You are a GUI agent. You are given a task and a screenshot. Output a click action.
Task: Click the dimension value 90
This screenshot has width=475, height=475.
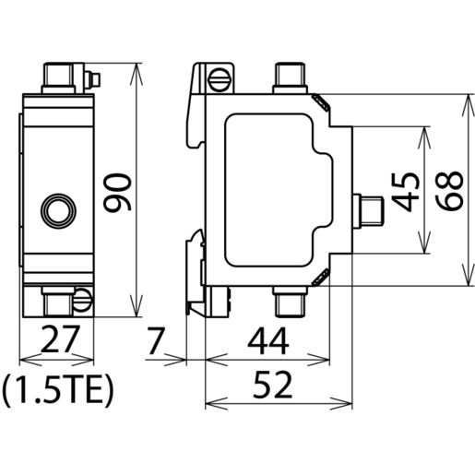pyautogui.click(x=117, y=193)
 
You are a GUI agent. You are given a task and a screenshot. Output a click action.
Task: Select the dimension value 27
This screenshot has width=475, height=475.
pyautogui.click(x=59, y=339)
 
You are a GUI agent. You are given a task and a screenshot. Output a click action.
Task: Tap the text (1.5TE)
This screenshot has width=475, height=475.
pyautogui.click(x=57, y=390)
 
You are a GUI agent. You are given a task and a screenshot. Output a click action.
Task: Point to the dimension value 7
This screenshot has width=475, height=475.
pyautogui.click(x=156, y=340)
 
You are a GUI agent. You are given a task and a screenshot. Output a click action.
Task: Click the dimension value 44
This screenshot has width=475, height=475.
pyautogui.click(x=268, y=341)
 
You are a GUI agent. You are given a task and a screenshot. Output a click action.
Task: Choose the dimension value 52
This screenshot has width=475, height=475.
pyautogui.click(x=272, y=385)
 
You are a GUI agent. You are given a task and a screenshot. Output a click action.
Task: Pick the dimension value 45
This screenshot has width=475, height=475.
pyautogui.click(x=406, y=193)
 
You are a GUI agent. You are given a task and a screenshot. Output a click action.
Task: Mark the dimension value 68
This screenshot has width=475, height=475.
pyautogui.click(x=449, y=191)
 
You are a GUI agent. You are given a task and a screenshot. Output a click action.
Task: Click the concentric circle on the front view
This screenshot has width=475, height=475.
pyautogui.click(x=58, y=211)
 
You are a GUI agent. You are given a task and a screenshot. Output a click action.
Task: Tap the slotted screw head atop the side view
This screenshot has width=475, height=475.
pyautogui.click(x=220, y=80)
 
